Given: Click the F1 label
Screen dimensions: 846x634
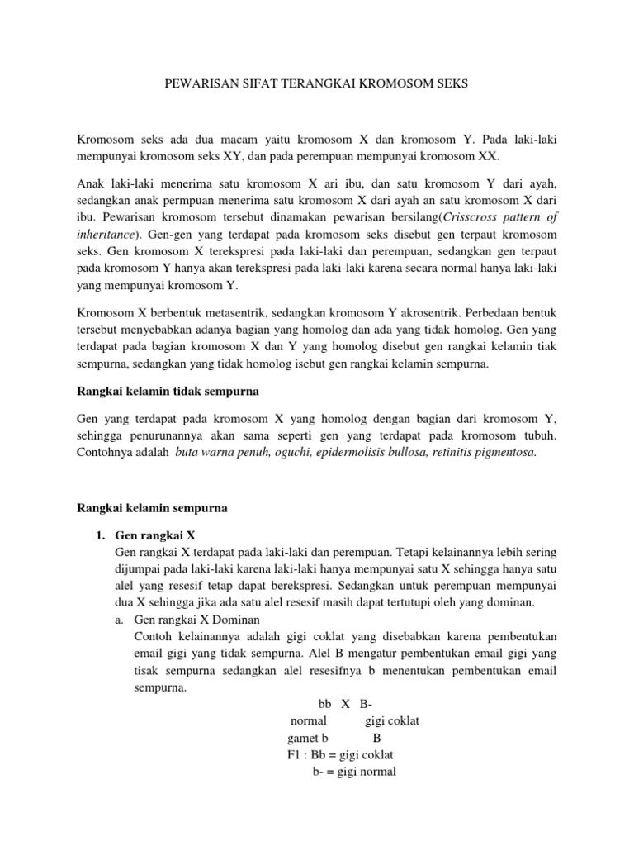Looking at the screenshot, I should click(293, 755).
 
